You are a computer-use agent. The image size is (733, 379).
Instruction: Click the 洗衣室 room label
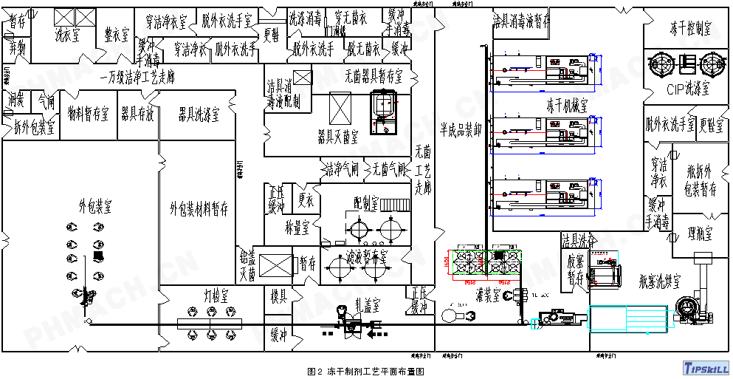70,33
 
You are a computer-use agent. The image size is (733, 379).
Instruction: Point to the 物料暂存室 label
88,115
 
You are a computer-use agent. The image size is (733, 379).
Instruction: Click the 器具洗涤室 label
199,115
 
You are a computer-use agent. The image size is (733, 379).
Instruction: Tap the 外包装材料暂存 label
199,208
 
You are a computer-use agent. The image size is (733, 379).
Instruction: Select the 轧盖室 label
367,304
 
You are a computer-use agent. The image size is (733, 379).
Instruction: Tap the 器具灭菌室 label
337,137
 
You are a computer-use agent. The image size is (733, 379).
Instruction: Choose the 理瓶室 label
697,233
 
